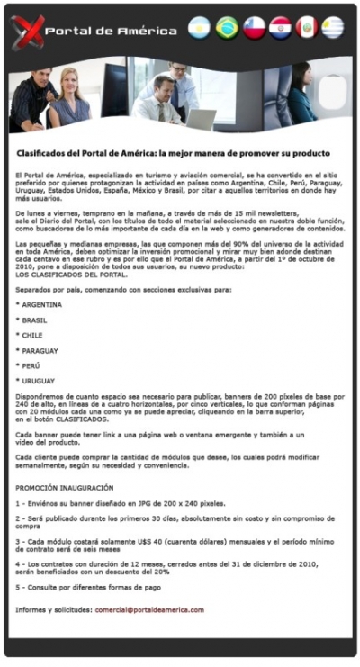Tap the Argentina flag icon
point(199,28)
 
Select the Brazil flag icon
point(227,28)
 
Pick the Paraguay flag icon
point(281,28)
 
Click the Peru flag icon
point(307,28)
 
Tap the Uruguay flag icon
point(334,28)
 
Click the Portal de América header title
point(110,31)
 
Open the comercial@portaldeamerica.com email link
point(149,609)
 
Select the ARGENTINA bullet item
point(41,304)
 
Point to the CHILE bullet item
point(33,335)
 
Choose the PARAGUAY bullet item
point(40,350)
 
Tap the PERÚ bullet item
point(31,365)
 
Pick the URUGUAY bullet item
point(38,381)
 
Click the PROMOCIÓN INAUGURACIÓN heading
point(65,487)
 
